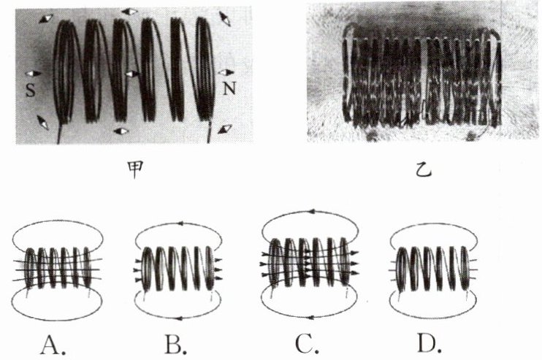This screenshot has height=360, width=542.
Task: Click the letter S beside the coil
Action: tap(30, 90)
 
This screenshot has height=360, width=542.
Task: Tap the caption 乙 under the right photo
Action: tap(423, 172)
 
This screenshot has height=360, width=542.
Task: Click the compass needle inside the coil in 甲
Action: tap(131, 74)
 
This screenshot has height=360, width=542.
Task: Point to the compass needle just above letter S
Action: tap(32, 73)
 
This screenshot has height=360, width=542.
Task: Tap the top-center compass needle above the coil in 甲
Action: tap(130, 12)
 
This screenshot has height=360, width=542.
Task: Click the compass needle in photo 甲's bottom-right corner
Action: tap(226, 128)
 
